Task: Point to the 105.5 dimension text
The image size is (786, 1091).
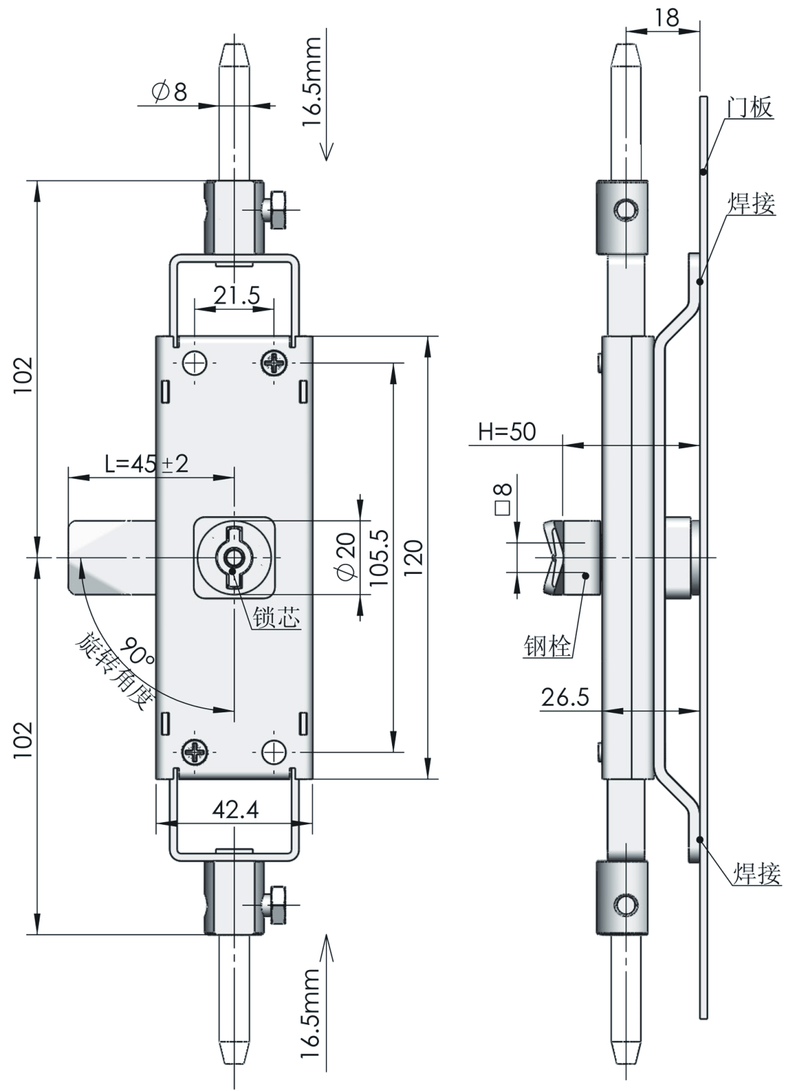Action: (380, 557)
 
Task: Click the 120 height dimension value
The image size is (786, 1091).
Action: (414, 557)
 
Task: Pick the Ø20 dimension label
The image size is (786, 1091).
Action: (345, 556)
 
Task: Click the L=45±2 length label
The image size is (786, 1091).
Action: (146, 464)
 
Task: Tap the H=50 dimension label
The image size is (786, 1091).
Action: (507, 432)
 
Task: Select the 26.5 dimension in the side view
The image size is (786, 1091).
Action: (565, 696)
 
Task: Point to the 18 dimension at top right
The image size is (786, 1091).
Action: (666, 17)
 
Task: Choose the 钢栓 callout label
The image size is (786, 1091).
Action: (548, 646)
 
